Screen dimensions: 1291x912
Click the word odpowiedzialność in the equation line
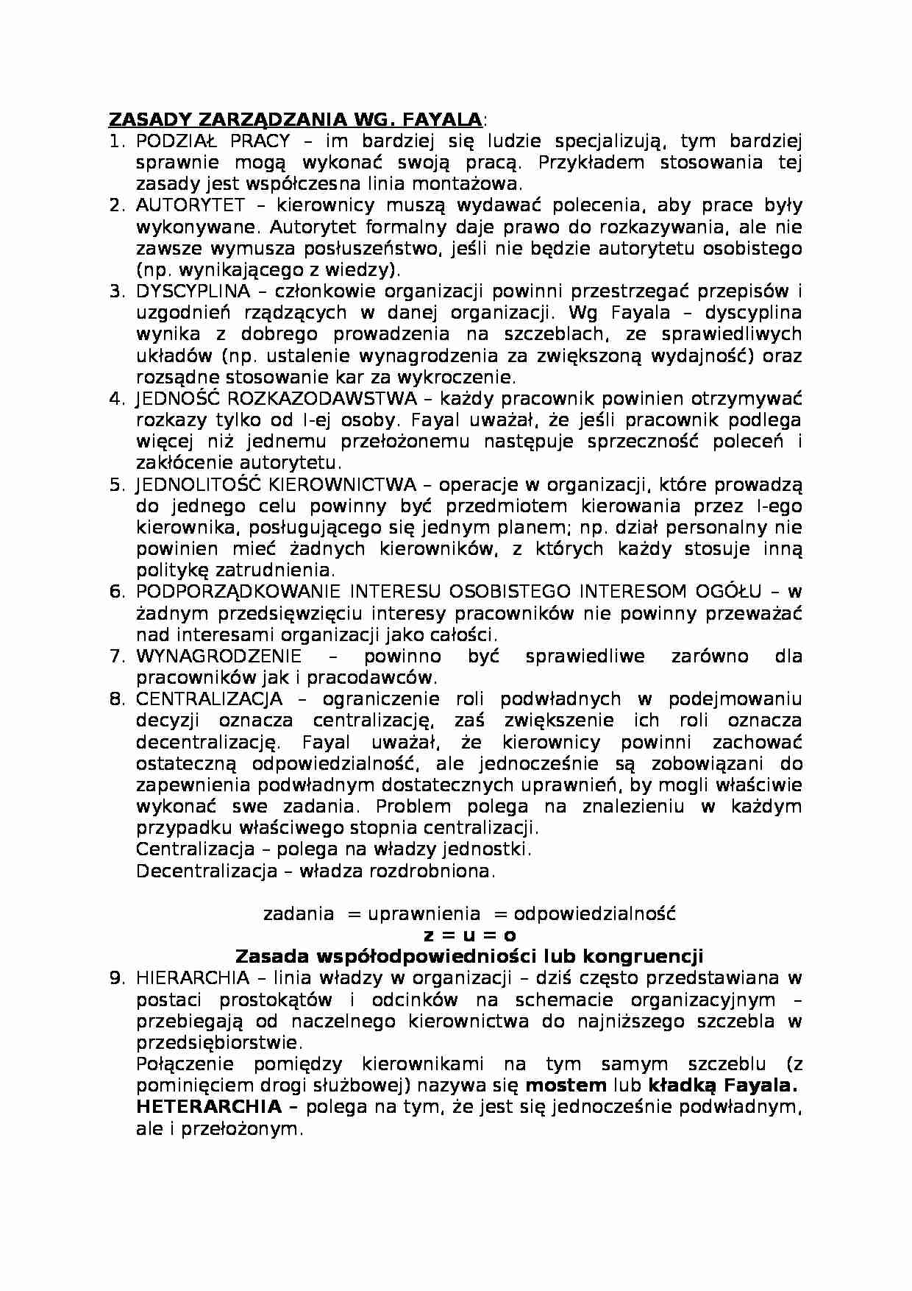(x=594, y=914)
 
